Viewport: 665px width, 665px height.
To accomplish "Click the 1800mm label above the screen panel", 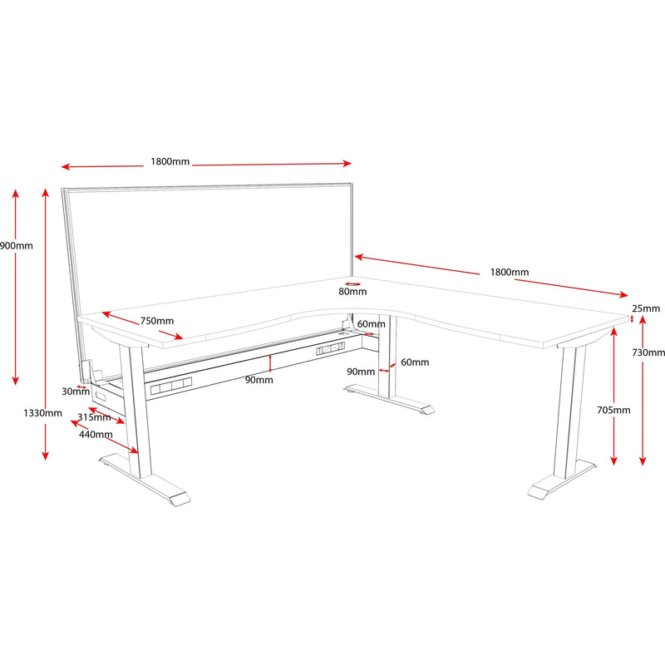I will (x=170, y=161).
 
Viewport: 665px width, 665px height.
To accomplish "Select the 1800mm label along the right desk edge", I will (x=509, y=272).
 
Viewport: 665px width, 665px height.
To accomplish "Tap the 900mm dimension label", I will (x=16, y=246).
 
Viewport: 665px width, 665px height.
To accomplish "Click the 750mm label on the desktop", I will (x=157, y=321).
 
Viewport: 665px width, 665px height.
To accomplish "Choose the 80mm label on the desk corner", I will (x=352, y=292).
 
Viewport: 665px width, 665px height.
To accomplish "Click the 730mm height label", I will (x=648, y=352).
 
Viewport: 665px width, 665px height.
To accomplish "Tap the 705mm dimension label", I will (x=613, y=410).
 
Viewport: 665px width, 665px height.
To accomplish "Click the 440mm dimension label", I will (x=96, y=434).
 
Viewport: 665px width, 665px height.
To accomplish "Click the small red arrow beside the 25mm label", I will (x=632, y=317).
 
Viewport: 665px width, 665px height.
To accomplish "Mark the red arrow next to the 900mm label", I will (x=14, y=287).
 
